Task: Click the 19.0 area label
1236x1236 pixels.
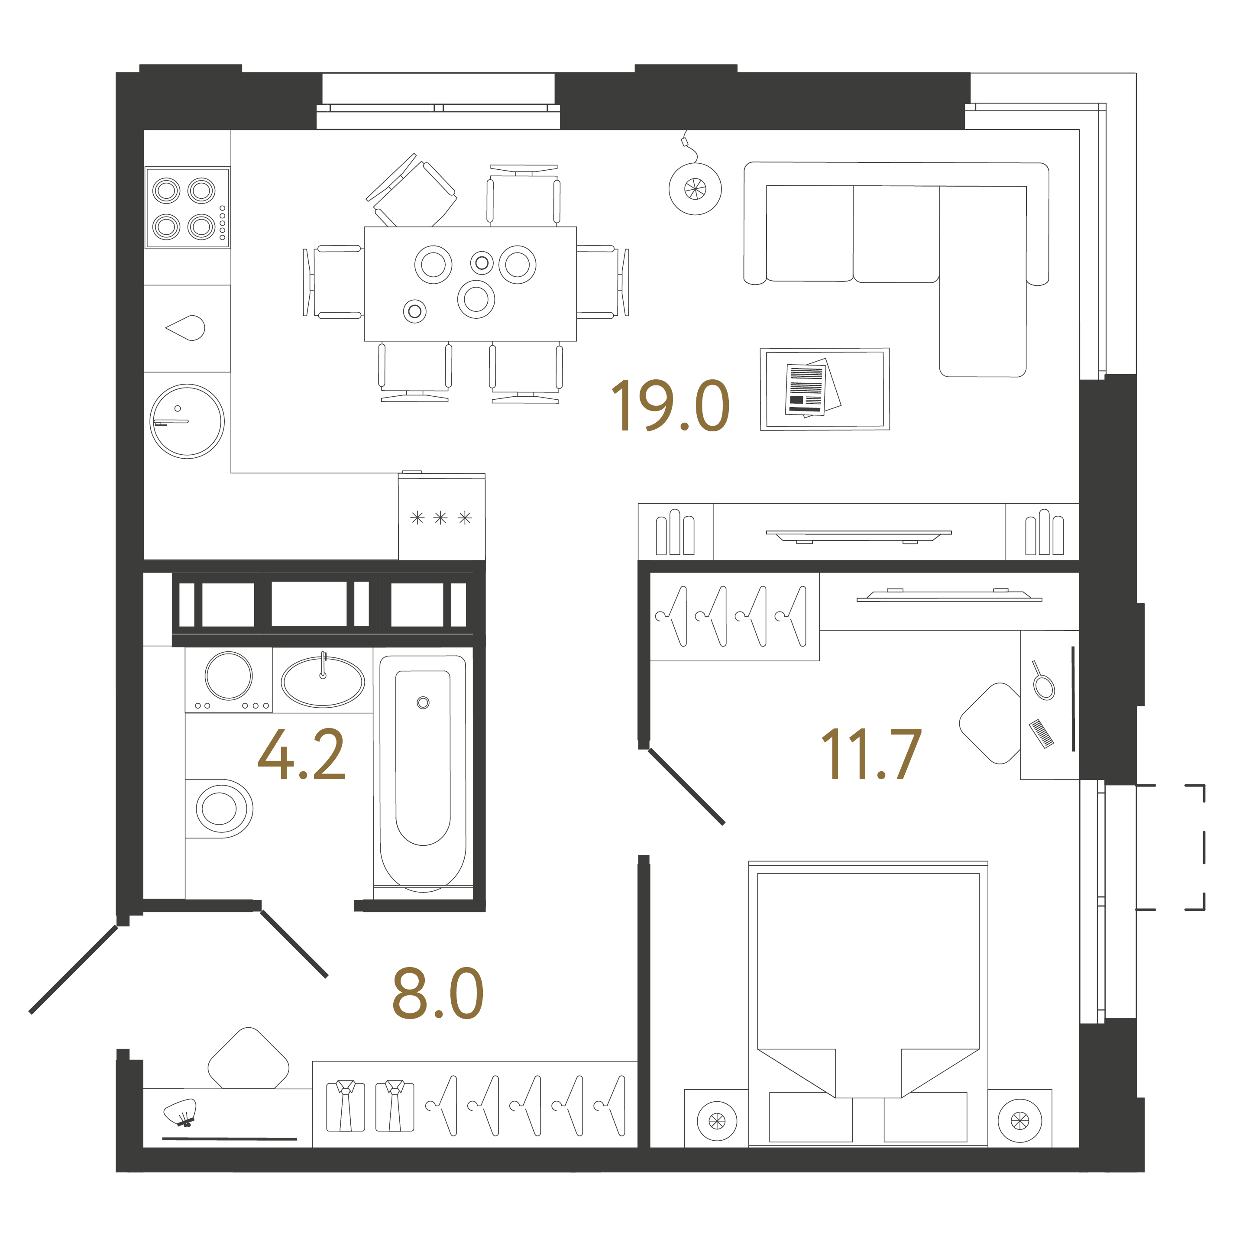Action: coord(670,406)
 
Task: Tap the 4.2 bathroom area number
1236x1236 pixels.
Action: coord(301,755)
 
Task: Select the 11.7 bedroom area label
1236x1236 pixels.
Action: coord(871,755)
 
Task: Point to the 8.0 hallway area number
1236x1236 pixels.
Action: coord(437,993)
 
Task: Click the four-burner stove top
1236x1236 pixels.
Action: coord(187,208)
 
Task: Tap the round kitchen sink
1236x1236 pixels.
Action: coord(187,421)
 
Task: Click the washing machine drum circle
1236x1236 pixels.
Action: coord(228,676)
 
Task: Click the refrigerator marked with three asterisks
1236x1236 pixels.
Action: coord(441,518)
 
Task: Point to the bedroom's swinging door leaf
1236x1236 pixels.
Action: coord(686,787)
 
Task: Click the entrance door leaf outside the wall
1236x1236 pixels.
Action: coord(74,970)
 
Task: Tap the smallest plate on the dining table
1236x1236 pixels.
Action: coord(414,311)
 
